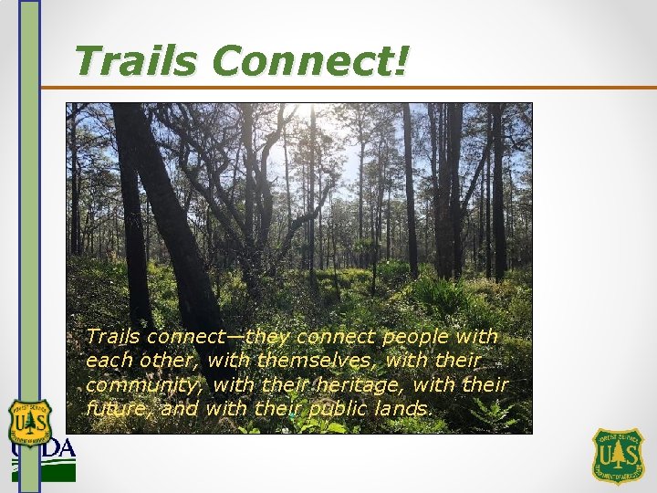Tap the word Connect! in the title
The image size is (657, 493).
[311, 61]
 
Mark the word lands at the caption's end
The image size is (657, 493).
[404, 409]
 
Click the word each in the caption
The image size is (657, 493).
[108, 362]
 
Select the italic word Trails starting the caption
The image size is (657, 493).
[113, 338]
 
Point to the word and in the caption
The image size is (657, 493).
[180, 409]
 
